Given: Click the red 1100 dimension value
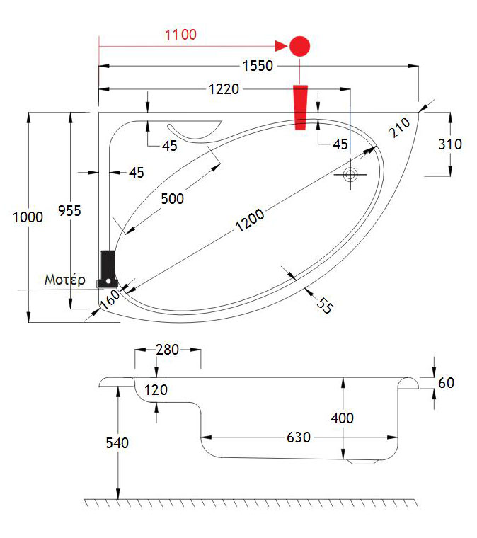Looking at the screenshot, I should coord(180,34).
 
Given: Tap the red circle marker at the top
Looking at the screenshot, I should coord(300,47).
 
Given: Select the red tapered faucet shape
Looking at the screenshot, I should coord(301,107).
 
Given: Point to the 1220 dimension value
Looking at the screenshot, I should coord(224,89).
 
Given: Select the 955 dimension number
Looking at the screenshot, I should coord(69,210).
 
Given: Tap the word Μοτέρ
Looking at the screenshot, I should coord(65,280).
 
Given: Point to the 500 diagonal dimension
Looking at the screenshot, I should coord(171,199).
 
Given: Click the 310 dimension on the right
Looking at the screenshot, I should coord(450,144).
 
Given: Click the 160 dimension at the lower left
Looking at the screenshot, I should coord(110,299).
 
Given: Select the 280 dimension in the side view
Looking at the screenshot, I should coord(167,349).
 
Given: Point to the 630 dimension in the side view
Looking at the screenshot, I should coord(299,437).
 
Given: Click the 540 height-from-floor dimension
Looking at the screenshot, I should coord(117,443).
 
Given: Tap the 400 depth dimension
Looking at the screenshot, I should coord(343,418).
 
